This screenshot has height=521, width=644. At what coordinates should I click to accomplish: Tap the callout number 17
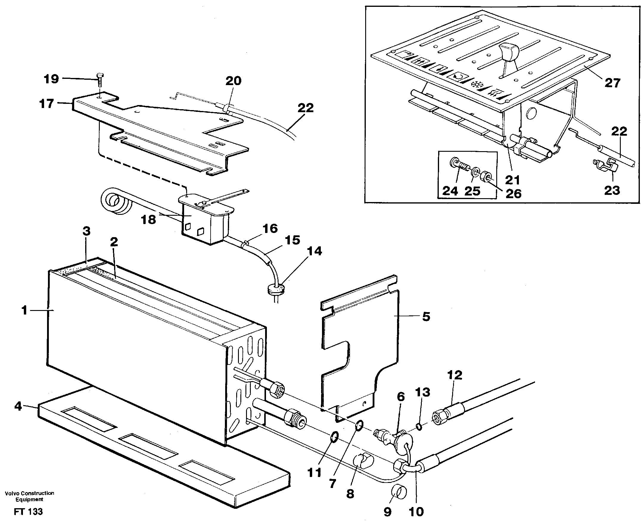(46, 104)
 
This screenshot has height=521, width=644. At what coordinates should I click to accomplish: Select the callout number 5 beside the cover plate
(426, 316)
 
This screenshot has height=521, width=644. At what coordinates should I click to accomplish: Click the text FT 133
(28, 511)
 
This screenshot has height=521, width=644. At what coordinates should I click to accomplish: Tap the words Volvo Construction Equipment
(29, 496)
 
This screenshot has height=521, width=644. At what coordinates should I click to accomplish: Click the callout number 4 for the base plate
(18, 406)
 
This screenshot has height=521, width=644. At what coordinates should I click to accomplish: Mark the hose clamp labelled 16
(244, 242)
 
